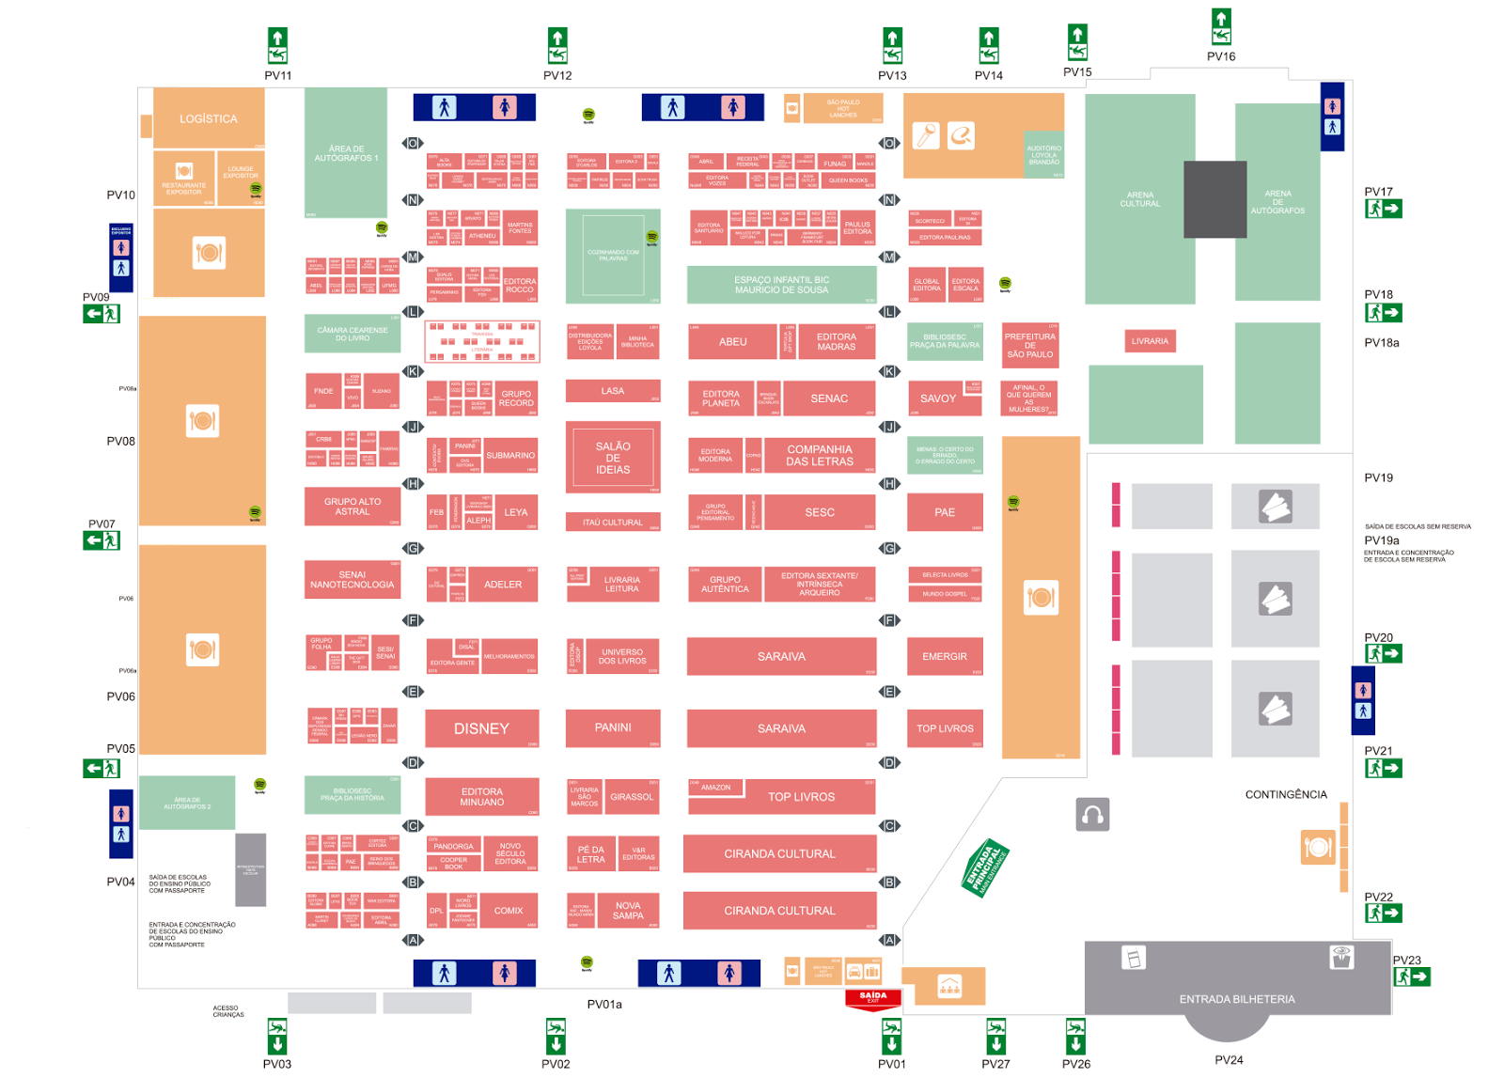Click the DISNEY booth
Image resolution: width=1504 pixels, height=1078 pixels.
(481, 728)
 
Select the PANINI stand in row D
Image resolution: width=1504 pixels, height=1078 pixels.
(613, 727)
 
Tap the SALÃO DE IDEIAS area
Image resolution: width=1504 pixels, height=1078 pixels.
(613, 458)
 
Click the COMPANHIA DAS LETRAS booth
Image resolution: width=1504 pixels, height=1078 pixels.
(820, 456)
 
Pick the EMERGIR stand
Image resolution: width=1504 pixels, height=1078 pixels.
(945, 656)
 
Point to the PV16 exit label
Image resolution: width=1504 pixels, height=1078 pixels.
(1221, 56)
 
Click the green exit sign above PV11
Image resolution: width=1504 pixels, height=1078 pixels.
(277, 45)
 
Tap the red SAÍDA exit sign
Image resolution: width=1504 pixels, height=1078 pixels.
(873, 998)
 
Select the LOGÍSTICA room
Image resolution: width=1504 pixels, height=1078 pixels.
(209, 118)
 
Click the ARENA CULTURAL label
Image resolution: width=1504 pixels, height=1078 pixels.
(1140, 199)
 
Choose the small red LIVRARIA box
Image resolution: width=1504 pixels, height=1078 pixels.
(1150, 341)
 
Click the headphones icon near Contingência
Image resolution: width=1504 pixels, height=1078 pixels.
(1092, 814)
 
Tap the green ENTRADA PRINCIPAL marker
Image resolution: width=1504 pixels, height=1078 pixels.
(984, 867)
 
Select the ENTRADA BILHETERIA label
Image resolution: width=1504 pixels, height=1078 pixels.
(1237, 999)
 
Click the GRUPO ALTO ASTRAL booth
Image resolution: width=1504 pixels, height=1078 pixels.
(352, 506)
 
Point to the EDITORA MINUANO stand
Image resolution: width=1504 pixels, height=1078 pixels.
(482, 797)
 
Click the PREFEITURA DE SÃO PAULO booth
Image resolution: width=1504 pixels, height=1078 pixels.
(1030, 345)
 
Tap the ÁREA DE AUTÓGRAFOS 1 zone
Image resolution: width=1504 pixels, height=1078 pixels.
(346, 153)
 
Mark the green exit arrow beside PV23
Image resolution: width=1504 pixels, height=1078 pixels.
(1412, 977)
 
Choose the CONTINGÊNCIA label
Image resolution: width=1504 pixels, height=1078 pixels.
(1286, 794)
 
